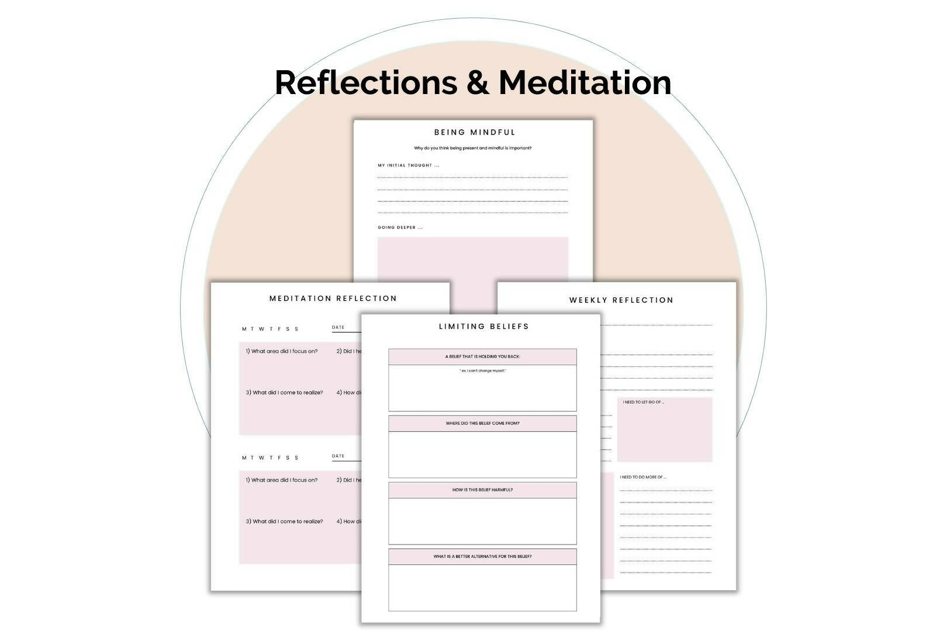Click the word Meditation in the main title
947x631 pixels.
tap(585, 82)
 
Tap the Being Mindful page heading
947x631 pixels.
tap(475, 133)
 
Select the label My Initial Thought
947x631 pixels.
tap(408, 165)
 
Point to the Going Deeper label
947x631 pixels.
tap(400, 227)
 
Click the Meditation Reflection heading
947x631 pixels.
tap(333, 299)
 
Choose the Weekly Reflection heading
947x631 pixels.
tap(621, 300)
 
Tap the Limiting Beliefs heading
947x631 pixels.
tap(483, 327)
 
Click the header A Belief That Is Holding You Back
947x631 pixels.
tap(482, 357)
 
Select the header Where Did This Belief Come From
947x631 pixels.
tap(482, 424)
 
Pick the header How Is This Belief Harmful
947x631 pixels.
tap(482, 490)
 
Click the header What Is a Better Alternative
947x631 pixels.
tap(482, 557)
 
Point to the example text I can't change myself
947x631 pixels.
tap(482, 371)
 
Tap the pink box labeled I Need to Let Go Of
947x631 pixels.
tap(665, 431)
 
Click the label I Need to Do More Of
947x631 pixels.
tap(643, 477)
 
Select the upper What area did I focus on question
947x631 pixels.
tap(282, 352)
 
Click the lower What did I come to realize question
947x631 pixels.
tap(284, 522)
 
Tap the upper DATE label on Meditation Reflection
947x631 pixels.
tap(338, 328)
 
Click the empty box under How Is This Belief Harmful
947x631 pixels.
tap(482, 521)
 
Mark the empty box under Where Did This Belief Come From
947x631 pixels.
tap(482, 454)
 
